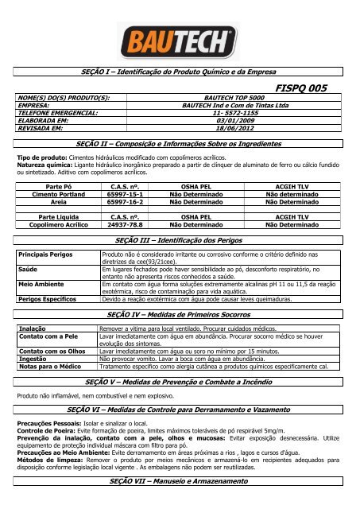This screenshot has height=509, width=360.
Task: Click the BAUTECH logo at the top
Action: (x=180, y=39)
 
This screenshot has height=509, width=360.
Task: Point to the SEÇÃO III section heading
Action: (x=180, y=239)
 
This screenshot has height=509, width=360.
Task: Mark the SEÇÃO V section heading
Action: (x=180, y=382)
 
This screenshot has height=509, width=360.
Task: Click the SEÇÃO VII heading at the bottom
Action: (x=180, y=484)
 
